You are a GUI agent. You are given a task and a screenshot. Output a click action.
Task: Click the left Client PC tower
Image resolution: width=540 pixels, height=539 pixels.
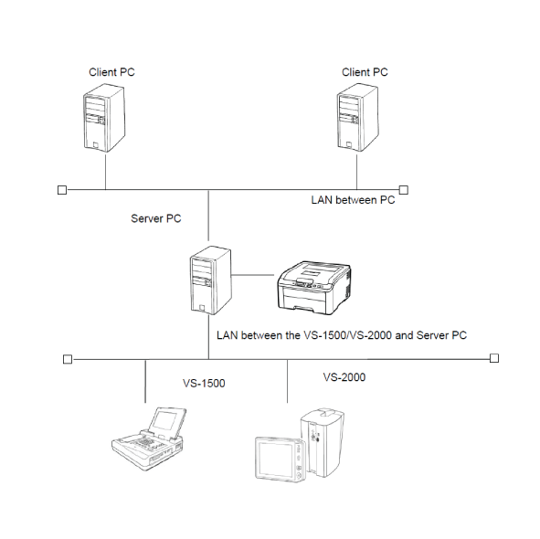(104, 118)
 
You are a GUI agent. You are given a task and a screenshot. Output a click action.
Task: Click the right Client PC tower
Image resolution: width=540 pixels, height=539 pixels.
(357, 118)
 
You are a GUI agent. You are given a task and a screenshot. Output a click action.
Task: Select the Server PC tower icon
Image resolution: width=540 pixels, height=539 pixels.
(211, 280)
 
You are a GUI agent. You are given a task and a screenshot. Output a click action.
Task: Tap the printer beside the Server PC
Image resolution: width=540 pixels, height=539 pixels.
(314, 288)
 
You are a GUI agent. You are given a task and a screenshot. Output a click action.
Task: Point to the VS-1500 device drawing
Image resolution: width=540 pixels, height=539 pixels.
(149, 439)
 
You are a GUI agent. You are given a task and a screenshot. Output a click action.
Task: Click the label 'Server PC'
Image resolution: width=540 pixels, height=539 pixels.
(156, 218)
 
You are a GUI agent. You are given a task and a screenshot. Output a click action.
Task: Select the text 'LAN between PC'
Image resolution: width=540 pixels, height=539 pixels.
(353, 200)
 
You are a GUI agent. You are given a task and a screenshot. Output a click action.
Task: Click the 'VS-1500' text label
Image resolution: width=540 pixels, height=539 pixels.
(204, 384)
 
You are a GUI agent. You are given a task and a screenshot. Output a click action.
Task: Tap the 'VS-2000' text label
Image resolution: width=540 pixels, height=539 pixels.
(344, 377)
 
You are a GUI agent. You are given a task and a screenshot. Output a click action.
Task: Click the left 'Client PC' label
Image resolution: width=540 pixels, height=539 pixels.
(111, 72)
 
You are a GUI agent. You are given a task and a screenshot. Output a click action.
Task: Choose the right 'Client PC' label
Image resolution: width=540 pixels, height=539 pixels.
(365, 72)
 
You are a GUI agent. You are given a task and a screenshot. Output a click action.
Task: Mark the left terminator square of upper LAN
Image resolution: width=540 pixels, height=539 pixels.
(62, 190)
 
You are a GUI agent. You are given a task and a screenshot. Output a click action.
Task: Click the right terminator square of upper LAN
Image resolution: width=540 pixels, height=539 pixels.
(404, 190)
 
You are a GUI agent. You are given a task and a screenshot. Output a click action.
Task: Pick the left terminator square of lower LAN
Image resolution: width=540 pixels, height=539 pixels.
(68, 359)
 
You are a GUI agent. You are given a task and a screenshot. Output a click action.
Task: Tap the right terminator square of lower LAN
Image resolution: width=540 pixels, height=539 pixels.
(494, 358)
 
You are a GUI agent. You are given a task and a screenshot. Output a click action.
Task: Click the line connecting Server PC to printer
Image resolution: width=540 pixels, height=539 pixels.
(252, 275)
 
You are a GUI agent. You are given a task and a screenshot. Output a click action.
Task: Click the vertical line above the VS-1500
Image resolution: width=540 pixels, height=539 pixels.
(145, 381)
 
